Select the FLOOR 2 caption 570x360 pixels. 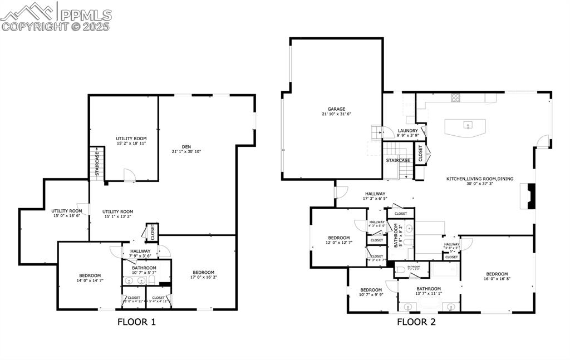coord(416,322)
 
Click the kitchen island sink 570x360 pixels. coord(468,125)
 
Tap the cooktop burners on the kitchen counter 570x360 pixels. coord(455,98)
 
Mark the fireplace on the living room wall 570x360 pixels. coord(530,196)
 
